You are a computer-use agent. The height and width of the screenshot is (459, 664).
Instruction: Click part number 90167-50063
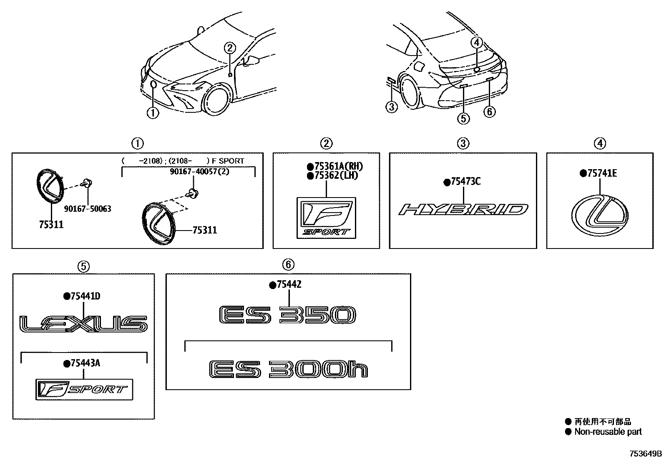coord(87,209)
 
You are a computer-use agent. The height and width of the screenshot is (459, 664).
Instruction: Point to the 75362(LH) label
coord(335,176)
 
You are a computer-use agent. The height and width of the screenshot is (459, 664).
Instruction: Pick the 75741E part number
coord(601,173)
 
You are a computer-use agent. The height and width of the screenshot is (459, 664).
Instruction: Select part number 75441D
coord(85,297)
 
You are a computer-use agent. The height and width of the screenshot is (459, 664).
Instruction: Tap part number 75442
coord(288,285)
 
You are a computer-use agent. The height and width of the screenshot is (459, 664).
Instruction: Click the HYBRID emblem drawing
coord(463,209)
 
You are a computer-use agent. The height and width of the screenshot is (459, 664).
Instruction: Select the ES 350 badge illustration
coord(288,315)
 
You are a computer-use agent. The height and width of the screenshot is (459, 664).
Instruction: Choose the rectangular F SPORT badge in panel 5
coord(84,390)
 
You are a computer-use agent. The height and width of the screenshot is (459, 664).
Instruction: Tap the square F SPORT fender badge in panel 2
coord(326,218)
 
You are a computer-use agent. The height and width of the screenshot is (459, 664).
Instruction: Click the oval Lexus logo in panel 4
coord(600,216)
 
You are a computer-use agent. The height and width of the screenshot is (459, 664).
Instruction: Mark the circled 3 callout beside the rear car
coord(391,107)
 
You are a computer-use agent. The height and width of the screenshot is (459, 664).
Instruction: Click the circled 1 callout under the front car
coord(153,113)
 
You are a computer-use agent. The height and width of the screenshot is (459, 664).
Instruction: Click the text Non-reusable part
coord(608,432)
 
